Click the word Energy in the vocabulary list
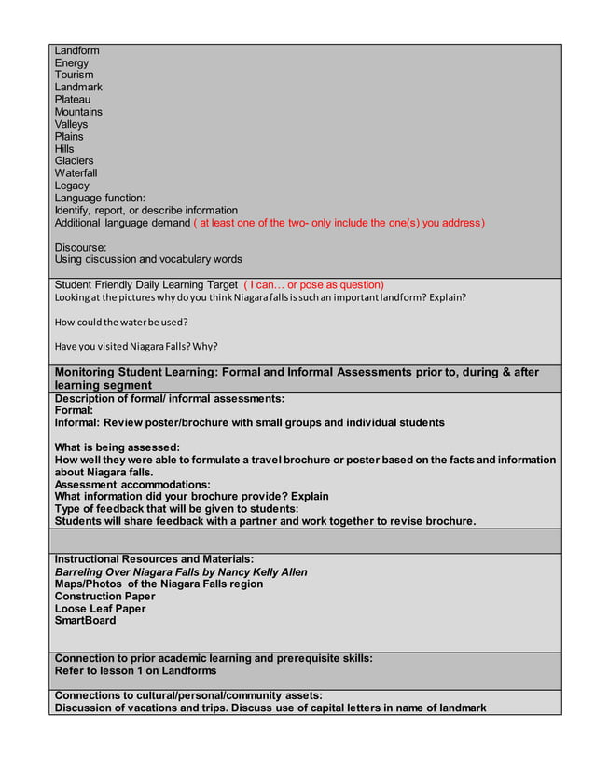tap(72, 63)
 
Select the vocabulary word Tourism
tap(74, 76)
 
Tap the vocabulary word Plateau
tap(73, 100)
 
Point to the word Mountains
tap(78, 112)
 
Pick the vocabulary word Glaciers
tap(74, 161)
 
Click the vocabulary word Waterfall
tap(76, 173)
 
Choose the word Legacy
tap(72, 186)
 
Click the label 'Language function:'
tap(100, 199)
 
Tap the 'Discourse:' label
tap(80, 247)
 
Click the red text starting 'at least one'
tap(339, 223)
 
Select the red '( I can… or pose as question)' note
tap(313, 284)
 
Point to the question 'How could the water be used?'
tap(121, 323)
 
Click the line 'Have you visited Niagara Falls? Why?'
tap(136, 347)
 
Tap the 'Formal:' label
tap(74, 410)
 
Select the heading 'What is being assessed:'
tap(117, 447)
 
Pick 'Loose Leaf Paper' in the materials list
tap(100, 609)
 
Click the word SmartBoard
tap(86, 621)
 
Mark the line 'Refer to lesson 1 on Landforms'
tap(135, 670)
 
